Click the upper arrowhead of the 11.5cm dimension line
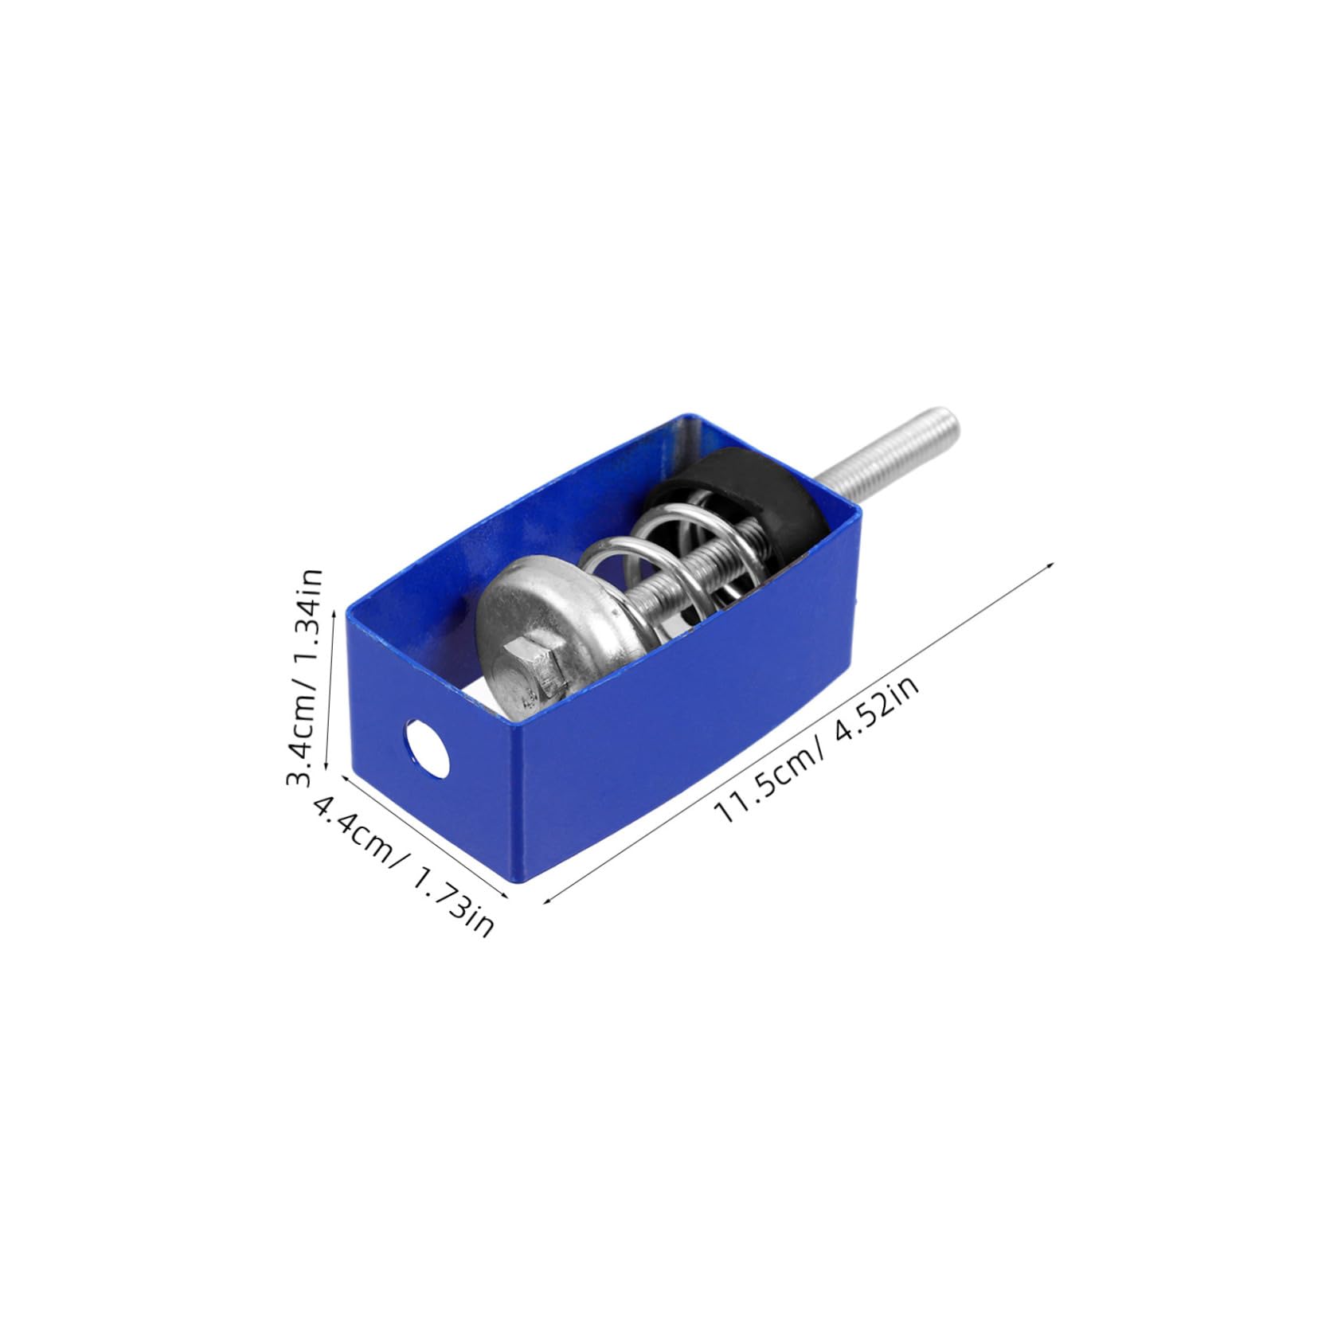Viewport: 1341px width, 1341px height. (1053, 564)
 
